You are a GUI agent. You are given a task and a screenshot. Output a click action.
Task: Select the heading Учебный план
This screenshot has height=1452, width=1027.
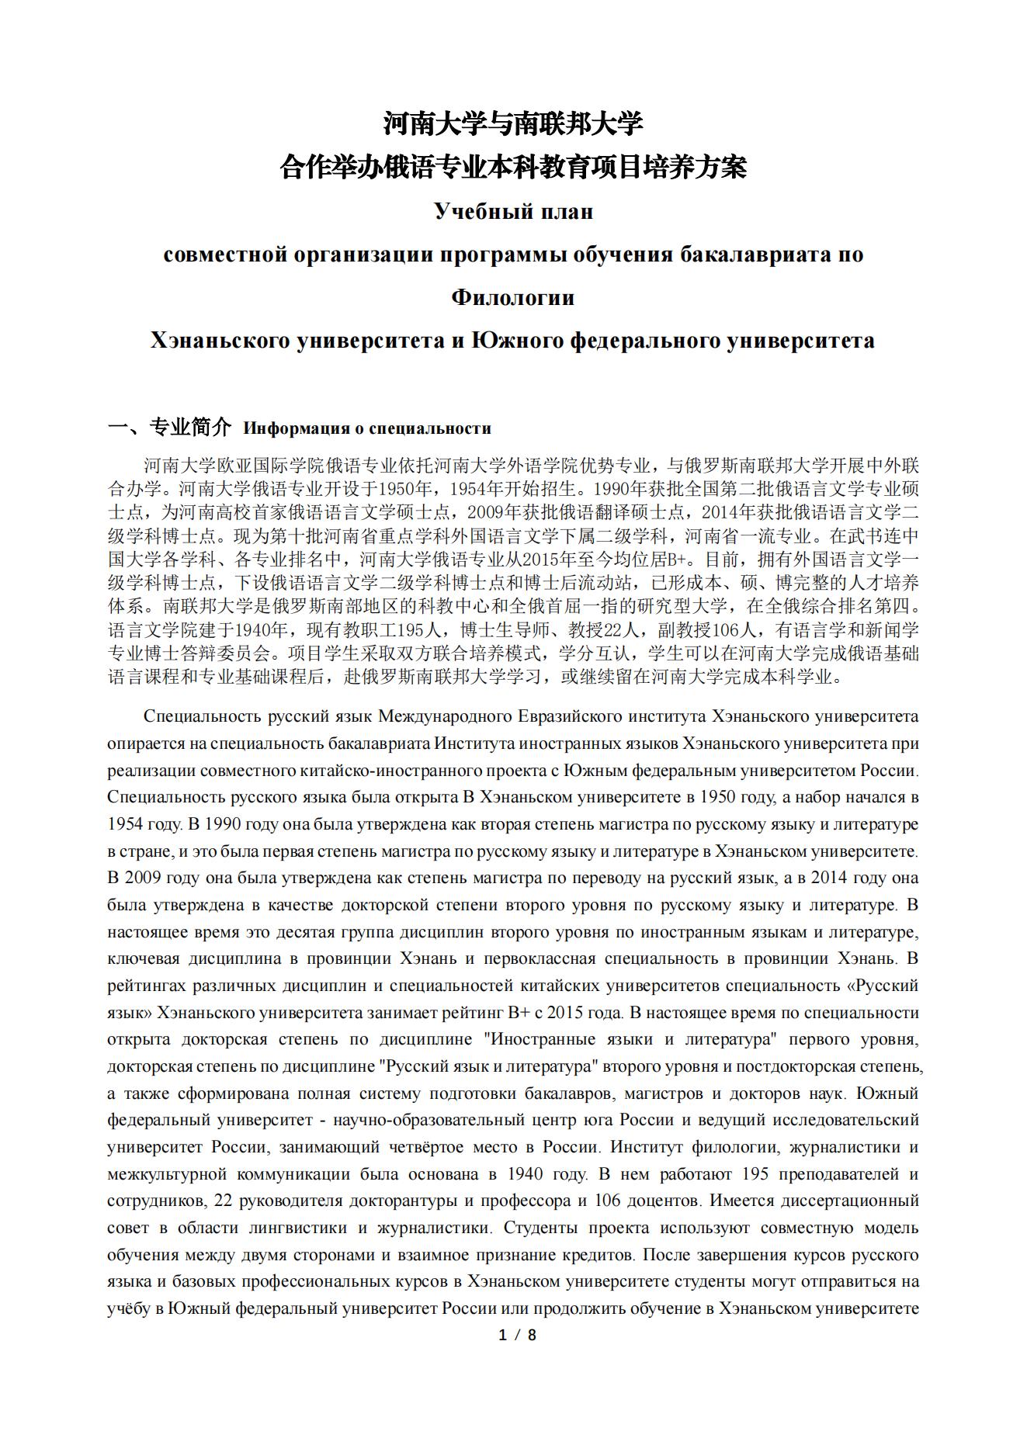pyautogui.click(x=513, y=211)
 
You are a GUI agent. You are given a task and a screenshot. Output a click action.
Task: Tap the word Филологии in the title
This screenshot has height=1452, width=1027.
pyautogui.click(x=513, y=297)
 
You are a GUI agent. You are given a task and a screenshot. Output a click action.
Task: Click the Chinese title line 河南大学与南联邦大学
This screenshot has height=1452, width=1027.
pyautogui.click(x=513, y=123)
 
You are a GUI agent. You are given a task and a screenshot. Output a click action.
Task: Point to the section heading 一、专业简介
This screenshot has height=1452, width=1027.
pyautogui.click(x=169, y=427)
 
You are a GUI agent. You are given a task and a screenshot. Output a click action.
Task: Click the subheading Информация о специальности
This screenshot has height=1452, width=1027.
pyautogui.click(x=367, y=428)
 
